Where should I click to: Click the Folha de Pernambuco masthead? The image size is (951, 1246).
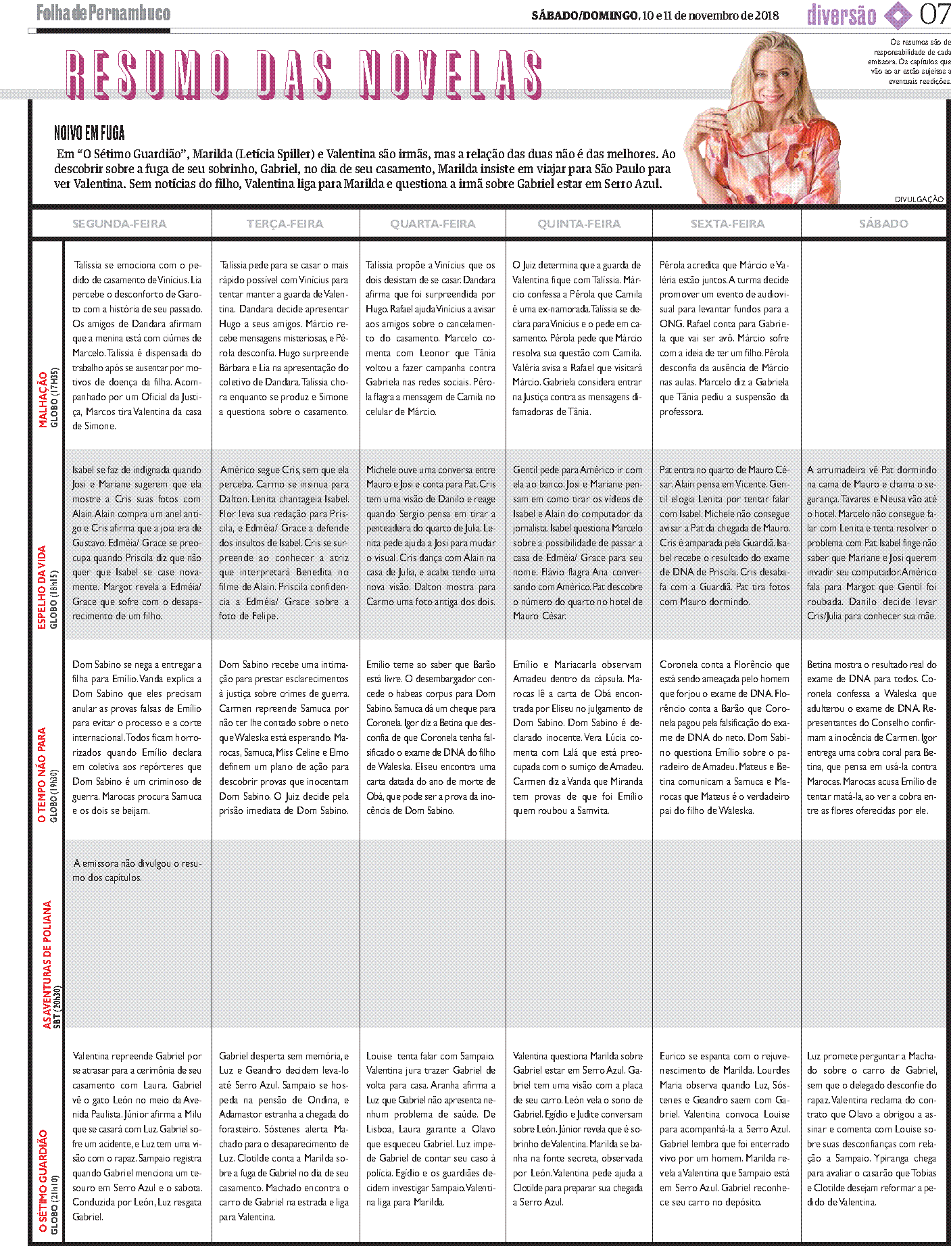click(103, 13)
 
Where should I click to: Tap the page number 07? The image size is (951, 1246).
click(934, 14)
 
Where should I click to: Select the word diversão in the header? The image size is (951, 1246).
click(842, 15)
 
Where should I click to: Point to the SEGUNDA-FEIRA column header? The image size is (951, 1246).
click(119, 224)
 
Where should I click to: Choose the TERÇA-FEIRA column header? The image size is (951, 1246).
click(285, 224)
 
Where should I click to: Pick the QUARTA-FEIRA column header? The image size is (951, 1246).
click(433, 224)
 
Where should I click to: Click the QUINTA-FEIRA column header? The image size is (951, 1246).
click(579, 224)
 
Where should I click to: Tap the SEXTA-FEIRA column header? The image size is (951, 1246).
click(727, 224)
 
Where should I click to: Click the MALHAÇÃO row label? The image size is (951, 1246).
click(44, 399)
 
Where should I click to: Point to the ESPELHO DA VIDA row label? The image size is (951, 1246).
click(42, 587)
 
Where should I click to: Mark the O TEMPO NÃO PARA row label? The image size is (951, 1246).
click(42, 775)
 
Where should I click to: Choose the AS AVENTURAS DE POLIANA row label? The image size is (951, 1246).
click(47, 964)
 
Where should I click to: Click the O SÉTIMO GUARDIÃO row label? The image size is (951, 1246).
click(43, 1180)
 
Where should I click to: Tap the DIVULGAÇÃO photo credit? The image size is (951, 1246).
click(919, 199)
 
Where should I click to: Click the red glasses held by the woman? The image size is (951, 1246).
click(743, 125)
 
